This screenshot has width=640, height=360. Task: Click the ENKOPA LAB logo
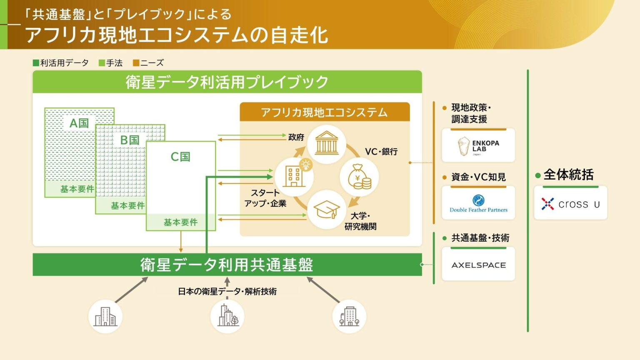(478, 146)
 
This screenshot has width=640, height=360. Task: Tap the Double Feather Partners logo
(478, 203)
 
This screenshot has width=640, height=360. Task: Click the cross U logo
(570, 204)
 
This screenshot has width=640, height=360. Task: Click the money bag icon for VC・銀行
(359, 177)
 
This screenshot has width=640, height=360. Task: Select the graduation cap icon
(327, 210)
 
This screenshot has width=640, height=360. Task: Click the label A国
(79, 123)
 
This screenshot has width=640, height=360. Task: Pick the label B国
(130, 140)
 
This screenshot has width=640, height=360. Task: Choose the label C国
(180, 157)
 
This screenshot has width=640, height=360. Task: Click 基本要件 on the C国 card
(180, 222)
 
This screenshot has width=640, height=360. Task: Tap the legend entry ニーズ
(148, 63)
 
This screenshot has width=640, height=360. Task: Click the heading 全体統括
(568, 175)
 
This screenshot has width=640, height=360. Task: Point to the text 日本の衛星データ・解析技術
(227, 291)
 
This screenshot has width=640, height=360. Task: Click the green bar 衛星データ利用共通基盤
(227, 265)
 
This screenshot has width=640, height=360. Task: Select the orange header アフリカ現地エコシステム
(325, 112)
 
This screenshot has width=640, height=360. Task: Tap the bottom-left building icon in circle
(105, 317)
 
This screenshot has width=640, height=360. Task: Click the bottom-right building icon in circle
(349, 317)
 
